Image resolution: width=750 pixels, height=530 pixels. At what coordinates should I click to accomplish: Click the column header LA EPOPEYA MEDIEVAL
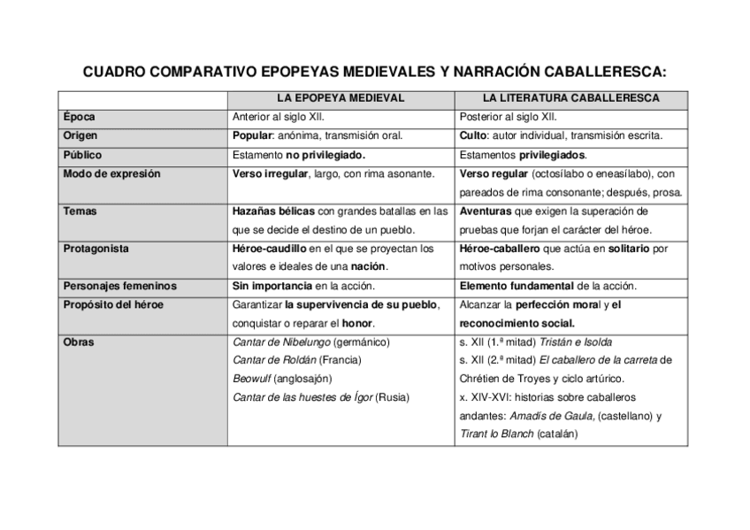(x=341, y=98)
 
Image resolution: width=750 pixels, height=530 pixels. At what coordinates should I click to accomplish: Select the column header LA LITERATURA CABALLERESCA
(x=570, y=98)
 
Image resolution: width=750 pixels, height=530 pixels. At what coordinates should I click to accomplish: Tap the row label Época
(x=79, y=117)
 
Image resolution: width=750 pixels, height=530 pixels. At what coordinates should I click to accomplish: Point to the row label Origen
(x=80, y=136)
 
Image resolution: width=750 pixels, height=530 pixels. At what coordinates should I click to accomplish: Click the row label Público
(x=82, y=156)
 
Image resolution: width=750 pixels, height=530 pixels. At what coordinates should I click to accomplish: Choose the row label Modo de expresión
(x=111, y=174)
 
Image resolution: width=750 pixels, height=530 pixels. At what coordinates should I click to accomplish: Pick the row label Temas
(x=80, y=212)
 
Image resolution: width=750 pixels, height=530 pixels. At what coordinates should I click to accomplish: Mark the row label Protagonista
(x=96, y=249)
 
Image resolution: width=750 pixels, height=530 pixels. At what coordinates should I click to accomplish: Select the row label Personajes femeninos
(x=119, y=286)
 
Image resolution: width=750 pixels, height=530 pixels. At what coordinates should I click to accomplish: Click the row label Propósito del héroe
(x=113, y=305)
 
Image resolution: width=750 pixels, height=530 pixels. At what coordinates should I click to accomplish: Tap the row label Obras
(x=79, y=342)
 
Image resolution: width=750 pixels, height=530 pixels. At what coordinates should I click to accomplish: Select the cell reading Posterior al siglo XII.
(x=509, y=117)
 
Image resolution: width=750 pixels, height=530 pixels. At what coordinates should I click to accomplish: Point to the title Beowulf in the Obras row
(x=251, y=379)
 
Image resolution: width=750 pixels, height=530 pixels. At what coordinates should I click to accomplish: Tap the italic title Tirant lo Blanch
(x=497, y=434)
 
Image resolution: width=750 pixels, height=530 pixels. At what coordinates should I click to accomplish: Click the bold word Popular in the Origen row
(x=252, y=136)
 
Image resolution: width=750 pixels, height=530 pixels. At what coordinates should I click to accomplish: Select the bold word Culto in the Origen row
(x=474, y=136)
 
